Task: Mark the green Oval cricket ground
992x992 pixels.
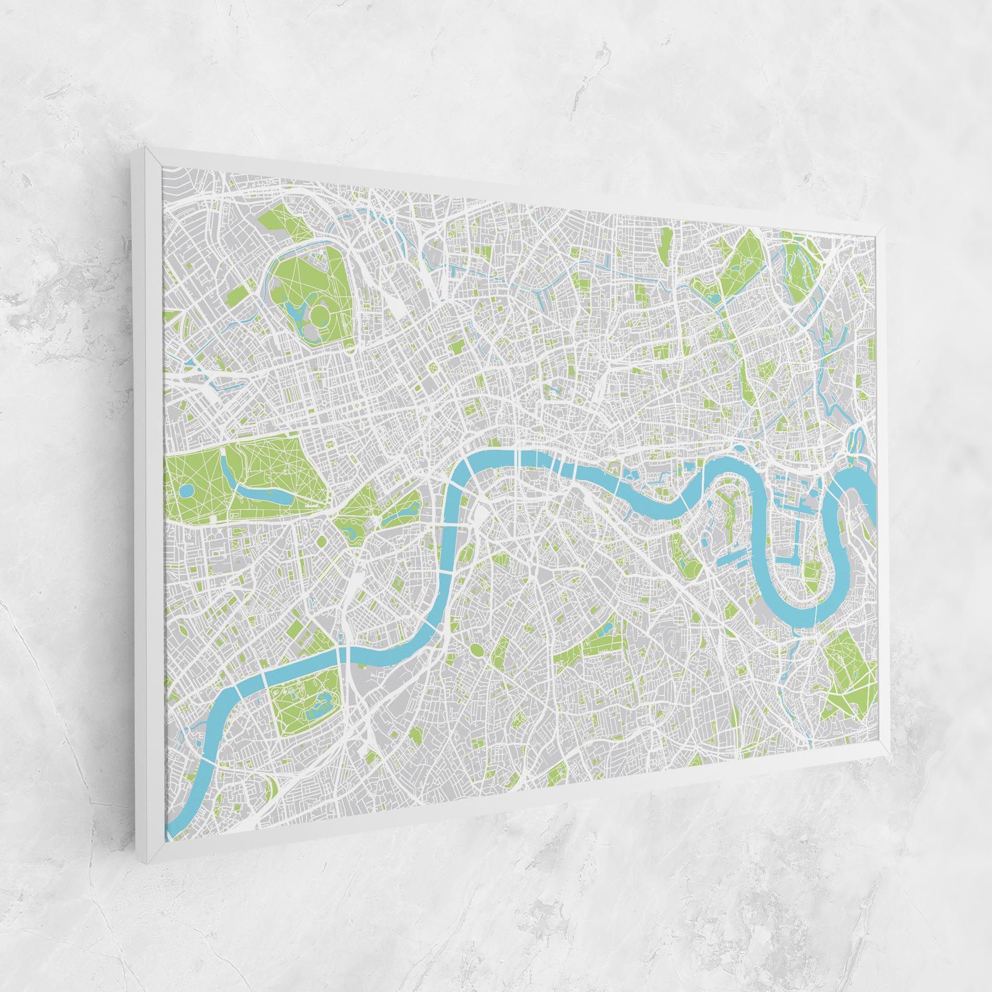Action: point(477,649)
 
